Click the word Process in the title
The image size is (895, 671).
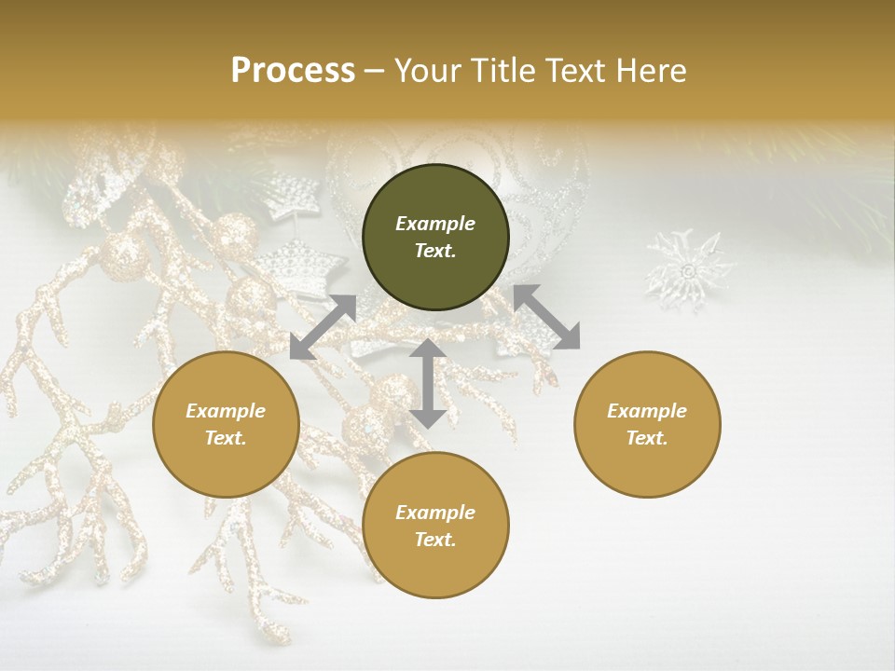tap(293, 71)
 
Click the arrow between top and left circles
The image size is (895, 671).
tap(323, 327)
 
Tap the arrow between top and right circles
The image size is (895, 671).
tap(546, 318)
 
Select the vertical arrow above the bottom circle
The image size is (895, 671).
tap(427, 383)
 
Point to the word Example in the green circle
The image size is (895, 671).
tap(435, 224)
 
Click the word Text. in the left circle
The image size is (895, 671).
tap(226, 438)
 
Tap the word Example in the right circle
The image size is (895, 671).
tap(647, 411)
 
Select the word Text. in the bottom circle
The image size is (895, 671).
tap(435, 540)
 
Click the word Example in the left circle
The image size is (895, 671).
tap(226, 411)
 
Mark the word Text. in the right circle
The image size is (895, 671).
tap(647, 438)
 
